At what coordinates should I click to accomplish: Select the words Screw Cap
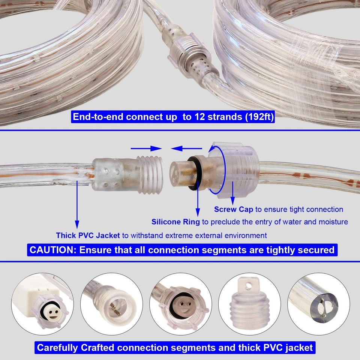(x=233, y=209)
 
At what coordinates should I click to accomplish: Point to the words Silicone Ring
(x=175, y=222)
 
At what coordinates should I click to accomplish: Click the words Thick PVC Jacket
(x=88, y=235)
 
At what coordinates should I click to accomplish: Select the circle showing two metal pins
(x=110, y=304)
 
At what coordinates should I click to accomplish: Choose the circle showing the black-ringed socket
(x=180, y=304)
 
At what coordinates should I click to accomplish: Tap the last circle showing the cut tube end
(x=319, y=304)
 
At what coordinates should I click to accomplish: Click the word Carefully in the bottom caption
(x=58, y=347)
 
